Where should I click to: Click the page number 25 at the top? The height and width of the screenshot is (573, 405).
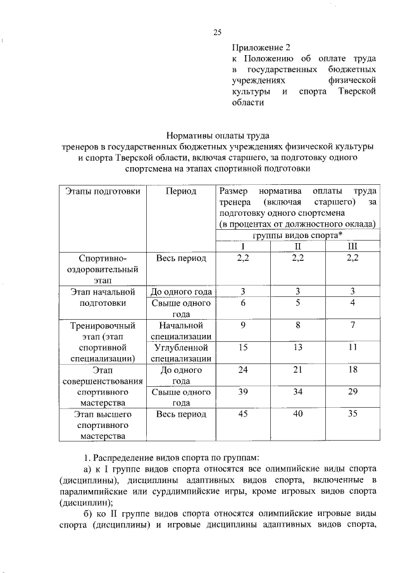click(x=217, y=33)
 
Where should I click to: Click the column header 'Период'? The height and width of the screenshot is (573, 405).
click(x=181, y=191)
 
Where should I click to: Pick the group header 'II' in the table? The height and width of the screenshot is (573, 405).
click(x=297, y=246)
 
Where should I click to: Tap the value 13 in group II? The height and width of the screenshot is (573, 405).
click(x=297, y=348)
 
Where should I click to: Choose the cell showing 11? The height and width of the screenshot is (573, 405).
click(x=352, y=348)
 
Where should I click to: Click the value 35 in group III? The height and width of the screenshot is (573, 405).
click(x=352, y=415)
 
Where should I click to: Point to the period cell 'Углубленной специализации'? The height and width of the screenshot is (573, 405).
click(x=181, y=353)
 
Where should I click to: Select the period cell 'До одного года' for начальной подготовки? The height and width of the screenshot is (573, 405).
click(x=181, y=292)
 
